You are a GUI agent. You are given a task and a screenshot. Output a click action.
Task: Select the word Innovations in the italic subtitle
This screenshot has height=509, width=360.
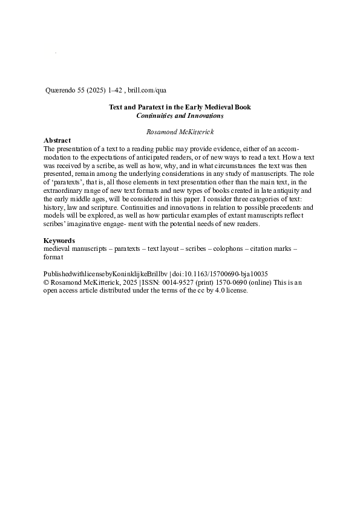(x=204, y=115)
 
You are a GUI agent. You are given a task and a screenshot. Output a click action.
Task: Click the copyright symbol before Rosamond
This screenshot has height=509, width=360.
(x=47, y=282)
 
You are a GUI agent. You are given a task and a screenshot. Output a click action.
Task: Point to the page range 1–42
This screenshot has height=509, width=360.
(x=116, y=91)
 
